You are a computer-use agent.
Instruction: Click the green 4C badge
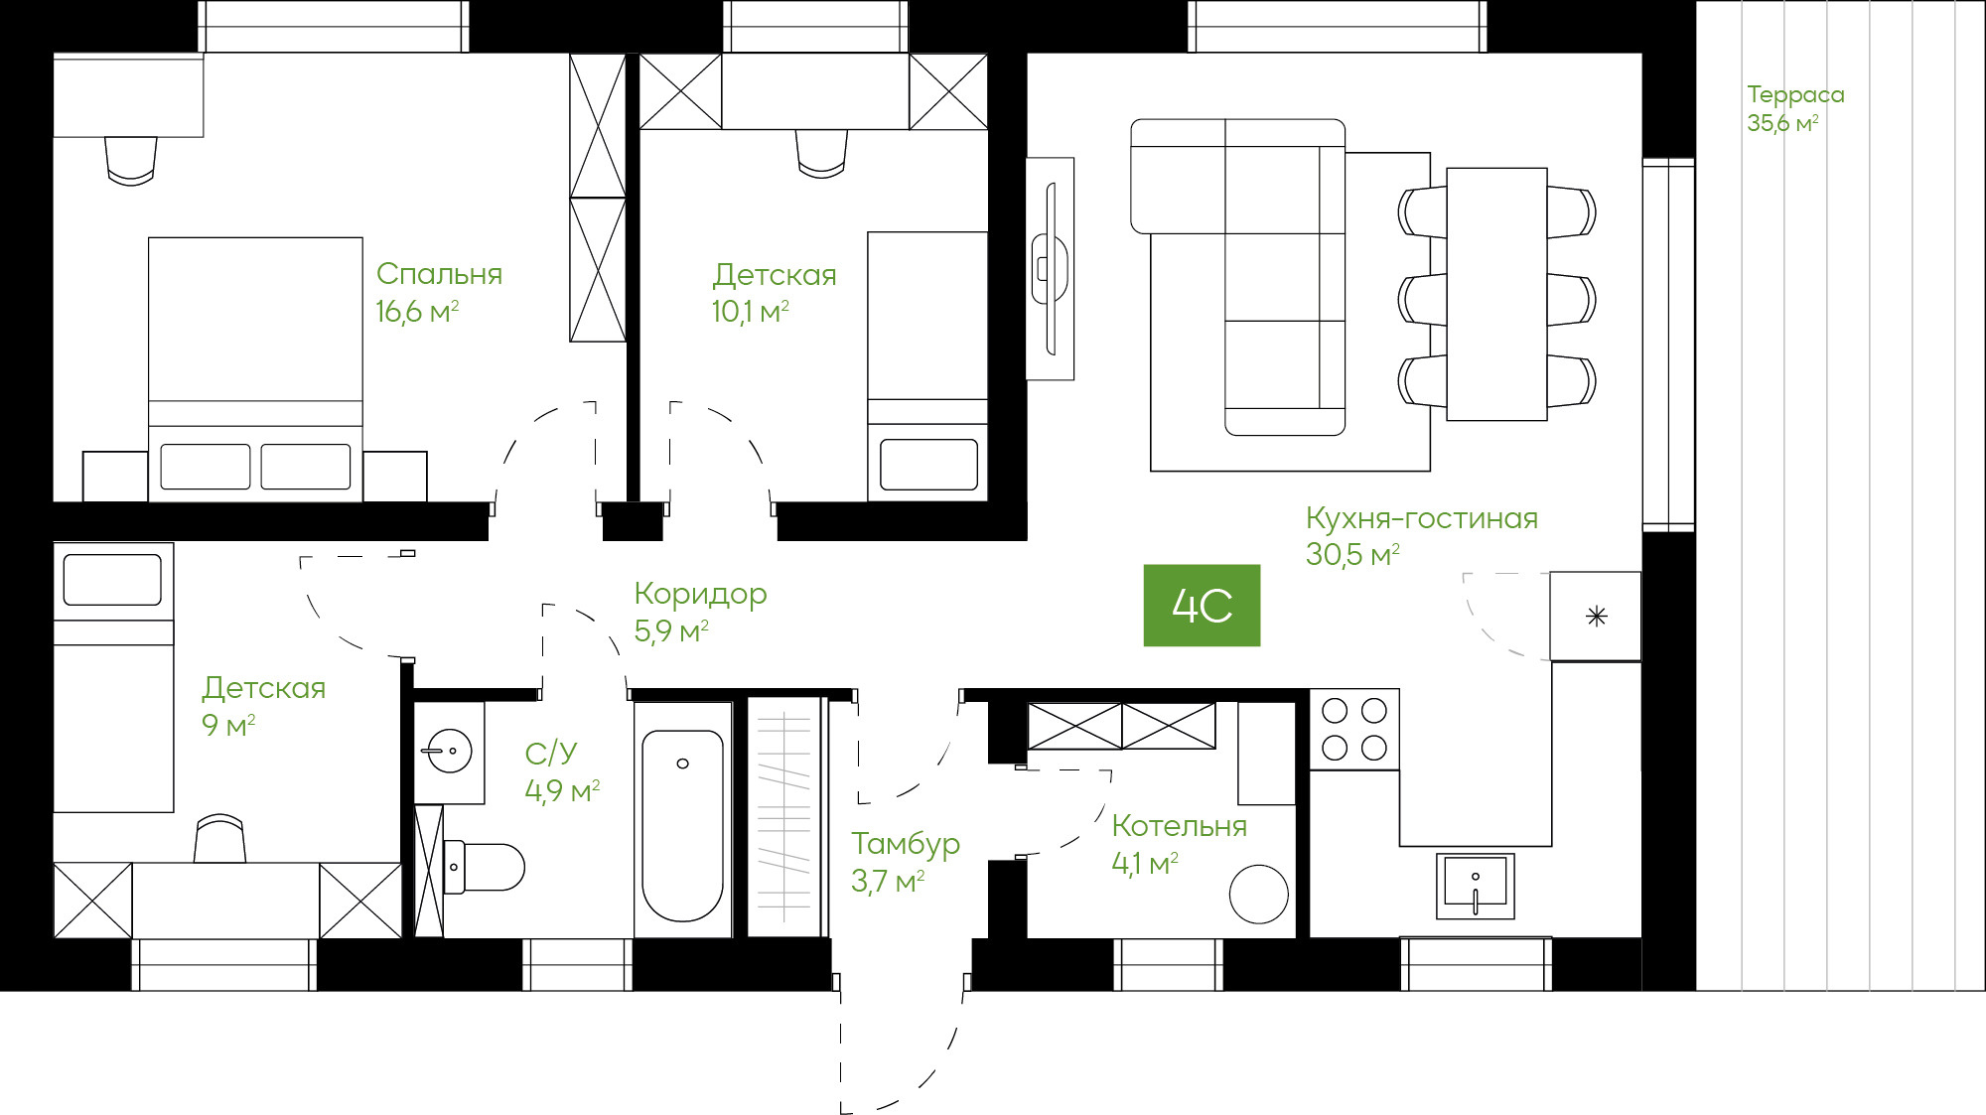(x=1202, y=606)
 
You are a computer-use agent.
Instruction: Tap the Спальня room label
(x=439, y=274)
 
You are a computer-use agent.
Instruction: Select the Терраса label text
(x=1795, y=95)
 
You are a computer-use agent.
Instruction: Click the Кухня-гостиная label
(x=1421, y=518)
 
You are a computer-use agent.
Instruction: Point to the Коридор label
(x=700, y=595)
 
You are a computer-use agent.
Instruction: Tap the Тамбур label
(x=906, y=844)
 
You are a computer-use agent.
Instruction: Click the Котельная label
(x=1179, y=826)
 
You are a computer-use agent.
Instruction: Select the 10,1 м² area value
(x=750, y=312)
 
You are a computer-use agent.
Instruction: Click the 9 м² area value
(x=228, y=725)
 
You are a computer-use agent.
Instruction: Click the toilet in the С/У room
(x=484, y=867)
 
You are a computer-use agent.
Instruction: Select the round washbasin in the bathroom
(x=448, y=752)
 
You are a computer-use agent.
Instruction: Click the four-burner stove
(x=1354, y=730)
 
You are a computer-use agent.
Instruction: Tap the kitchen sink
(x=1476, y=885)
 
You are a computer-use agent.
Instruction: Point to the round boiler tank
(x=1259, y=894)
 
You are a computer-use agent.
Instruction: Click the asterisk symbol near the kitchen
(x=1597, y=617)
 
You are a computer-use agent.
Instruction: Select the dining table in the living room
(x=1496, y=294)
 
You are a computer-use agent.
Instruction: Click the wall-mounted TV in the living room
(x=1050, y=268)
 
